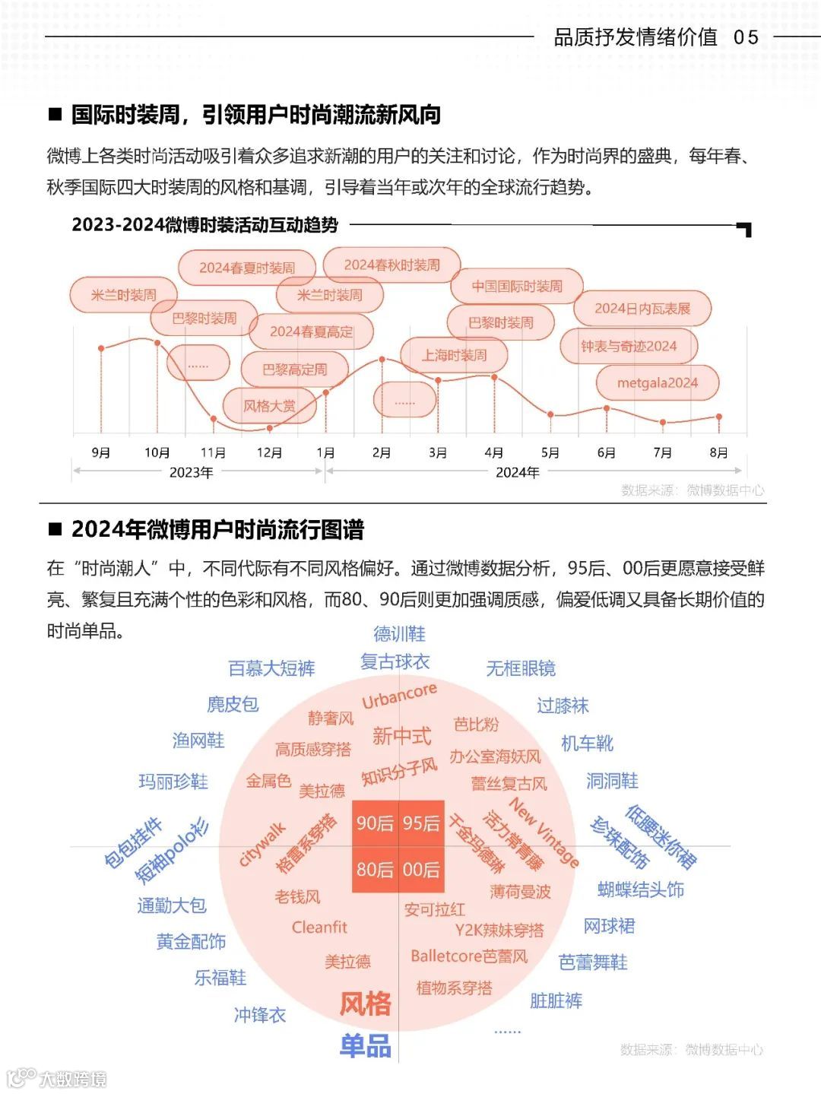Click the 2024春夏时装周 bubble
tap(247, 268)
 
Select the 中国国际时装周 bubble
tap(517, 287)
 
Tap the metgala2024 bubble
tap(657, 383)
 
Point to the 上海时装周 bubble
tap(454, 355)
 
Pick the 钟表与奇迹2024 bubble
tap(628, 347)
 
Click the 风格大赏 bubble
tap(269, 406)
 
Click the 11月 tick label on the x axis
tap(213, 453)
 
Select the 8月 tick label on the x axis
tap(718, 453)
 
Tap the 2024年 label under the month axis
tap(517, 473)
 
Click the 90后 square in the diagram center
tap(375, 823)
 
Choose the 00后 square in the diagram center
tap(421, 870)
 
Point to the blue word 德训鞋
tap(399, 634)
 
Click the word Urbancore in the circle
tap(399, 695)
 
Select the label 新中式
tap(401, 736)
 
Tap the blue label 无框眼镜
tap(521, 668)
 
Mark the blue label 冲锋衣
tap(260, 1015)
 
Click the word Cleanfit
tap(319, 928)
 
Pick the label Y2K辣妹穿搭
tap(499, 931)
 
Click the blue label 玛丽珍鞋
tap(173, 782)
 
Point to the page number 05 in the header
tap(746, 37)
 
